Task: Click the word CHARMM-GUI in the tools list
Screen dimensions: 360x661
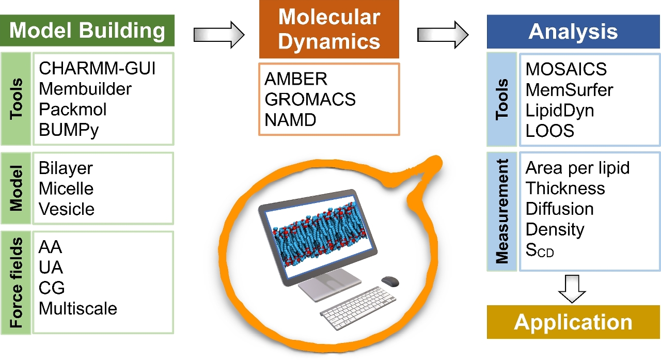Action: click(97, 68)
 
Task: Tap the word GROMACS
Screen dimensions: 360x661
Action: click(310, 99)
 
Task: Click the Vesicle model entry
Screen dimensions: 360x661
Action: click(67, 209)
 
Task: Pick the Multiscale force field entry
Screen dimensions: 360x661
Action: click(78, 309)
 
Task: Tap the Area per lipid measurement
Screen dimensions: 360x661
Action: click(577, 168)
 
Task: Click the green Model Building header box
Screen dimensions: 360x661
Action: click(87, 30)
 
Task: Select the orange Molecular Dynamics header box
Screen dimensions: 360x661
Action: click(329, 29)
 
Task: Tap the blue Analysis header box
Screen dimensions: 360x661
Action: click(573, 32)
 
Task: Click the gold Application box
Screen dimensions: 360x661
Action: click(573, 322)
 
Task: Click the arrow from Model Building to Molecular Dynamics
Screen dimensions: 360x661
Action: click(218, 34)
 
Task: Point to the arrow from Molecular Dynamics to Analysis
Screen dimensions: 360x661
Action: click(442, 34)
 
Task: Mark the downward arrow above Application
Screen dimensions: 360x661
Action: click(574, 288)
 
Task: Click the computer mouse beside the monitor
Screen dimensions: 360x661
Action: click(390, 281)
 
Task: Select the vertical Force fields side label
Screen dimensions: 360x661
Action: click(17, 283)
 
